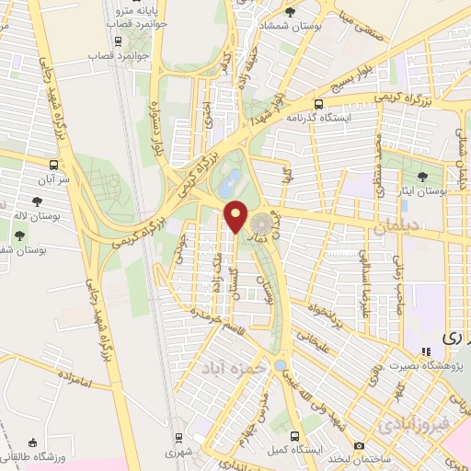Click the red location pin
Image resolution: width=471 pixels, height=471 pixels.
pos(237,215)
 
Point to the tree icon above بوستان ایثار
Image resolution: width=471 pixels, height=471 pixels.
pos(424,176)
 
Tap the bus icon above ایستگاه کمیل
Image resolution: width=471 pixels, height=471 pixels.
pos(294,435)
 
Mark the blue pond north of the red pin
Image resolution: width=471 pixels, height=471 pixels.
pos(231,176)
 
